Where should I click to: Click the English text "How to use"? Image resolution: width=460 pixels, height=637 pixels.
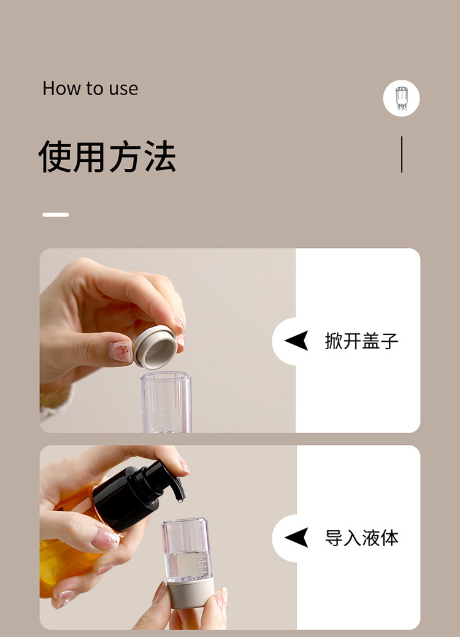click(x=90, y=88)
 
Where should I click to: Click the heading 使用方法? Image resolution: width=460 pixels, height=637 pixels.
click(x=107, y=157)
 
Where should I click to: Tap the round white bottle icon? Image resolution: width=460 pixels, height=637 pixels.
click(x=401, y=98)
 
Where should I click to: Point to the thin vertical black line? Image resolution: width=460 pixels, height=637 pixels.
click(x=402, y=155)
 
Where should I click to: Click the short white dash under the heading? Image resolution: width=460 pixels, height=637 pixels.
click(x=55, y=215)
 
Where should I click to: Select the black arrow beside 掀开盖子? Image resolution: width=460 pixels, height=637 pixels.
click(x=297, y=341)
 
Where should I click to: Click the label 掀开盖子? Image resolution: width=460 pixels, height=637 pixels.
click(x=361, y=341)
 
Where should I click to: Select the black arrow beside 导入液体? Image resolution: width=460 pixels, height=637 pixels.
click(x=297, y=538)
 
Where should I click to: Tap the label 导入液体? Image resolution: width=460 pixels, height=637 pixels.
click(x=361, y=538)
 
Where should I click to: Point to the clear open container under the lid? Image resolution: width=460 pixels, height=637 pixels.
click(x=166, y=402)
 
